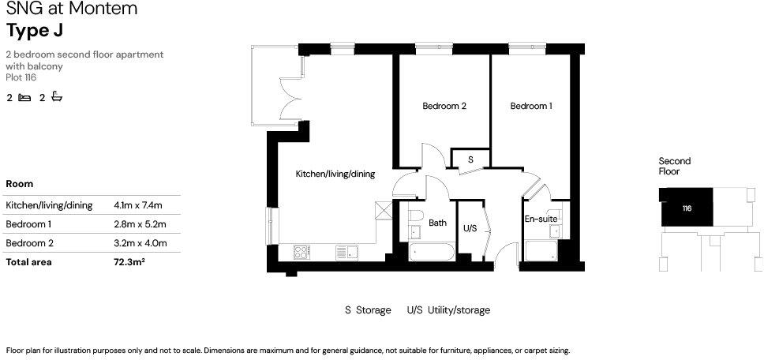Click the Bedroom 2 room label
pyautogui.click(x=444, y=107)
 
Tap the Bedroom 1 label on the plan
pyautogui.click(x=530, y=107)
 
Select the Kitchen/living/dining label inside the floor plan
pyautogui.click(x=335, y=174)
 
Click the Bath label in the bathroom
pyautogui.click(x=437, y=223)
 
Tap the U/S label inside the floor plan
pyautogui.click(x=470, y=228)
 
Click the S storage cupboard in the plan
pyautogui.click(x=470, y=159)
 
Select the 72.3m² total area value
pyautogui.click(x=129, y=262)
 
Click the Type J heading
pyautogui.click(x=35, y=31)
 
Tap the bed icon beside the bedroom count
pyautogui.click(x=24, y=98)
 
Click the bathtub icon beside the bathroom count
pyautogui.click(x=56, y=98)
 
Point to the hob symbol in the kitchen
pyautogui.click(x=302, y=252)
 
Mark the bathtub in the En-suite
pyautogui.click(x=541, y=253)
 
